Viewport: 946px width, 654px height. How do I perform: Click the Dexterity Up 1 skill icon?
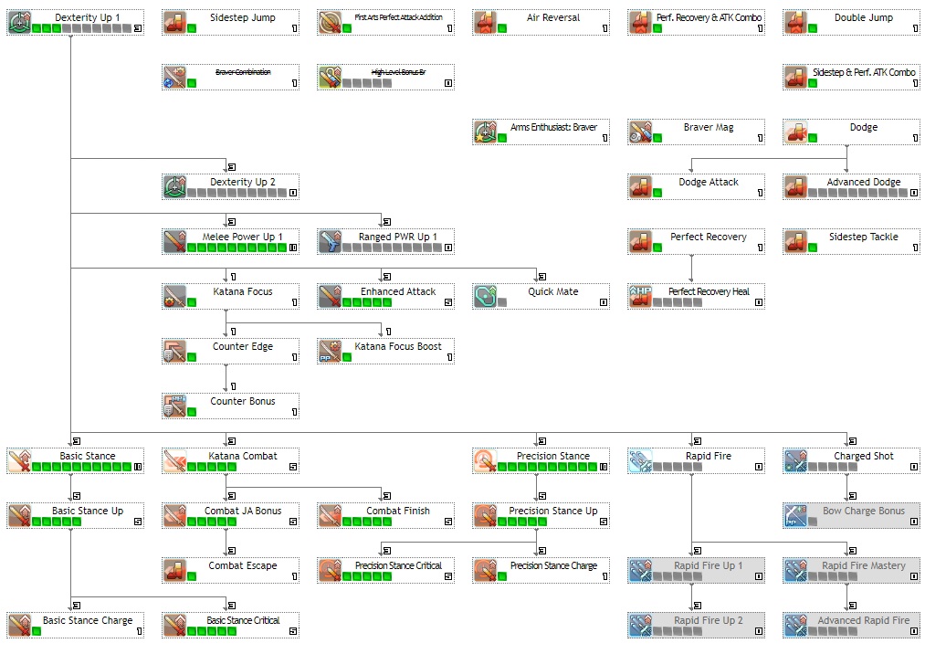coord(19,23)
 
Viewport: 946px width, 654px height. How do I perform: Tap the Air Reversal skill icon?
coord(485,23)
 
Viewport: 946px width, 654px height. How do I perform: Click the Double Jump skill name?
coord(863,17)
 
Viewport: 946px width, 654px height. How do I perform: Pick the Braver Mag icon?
coord(640,132)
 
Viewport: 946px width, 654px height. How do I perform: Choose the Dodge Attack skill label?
coord(708,182)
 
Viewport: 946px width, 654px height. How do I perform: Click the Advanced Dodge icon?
coord(795,187)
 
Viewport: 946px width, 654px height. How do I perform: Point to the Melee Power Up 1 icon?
coord(174,242)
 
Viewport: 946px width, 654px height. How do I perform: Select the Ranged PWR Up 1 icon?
coord(330,242)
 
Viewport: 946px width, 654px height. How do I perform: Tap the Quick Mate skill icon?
coord(485,297)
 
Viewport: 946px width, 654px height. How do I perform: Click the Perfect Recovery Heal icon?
coord(640,297)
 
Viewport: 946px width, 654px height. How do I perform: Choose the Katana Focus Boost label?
coord(397,346)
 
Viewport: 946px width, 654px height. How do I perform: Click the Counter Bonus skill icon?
coord(174,406)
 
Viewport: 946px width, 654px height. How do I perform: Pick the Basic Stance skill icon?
coord(19,461)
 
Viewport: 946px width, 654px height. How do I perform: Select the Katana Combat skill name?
coord(242,456)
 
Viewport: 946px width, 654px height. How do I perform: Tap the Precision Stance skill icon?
coord(485,461)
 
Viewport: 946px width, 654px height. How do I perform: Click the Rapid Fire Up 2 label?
coord(708,620)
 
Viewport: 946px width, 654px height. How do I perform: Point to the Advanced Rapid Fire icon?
coord(795,626)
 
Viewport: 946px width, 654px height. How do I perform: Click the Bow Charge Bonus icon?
coord(795,516)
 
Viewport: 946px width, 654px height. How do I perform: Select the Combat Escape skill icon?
coord(174,571)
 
